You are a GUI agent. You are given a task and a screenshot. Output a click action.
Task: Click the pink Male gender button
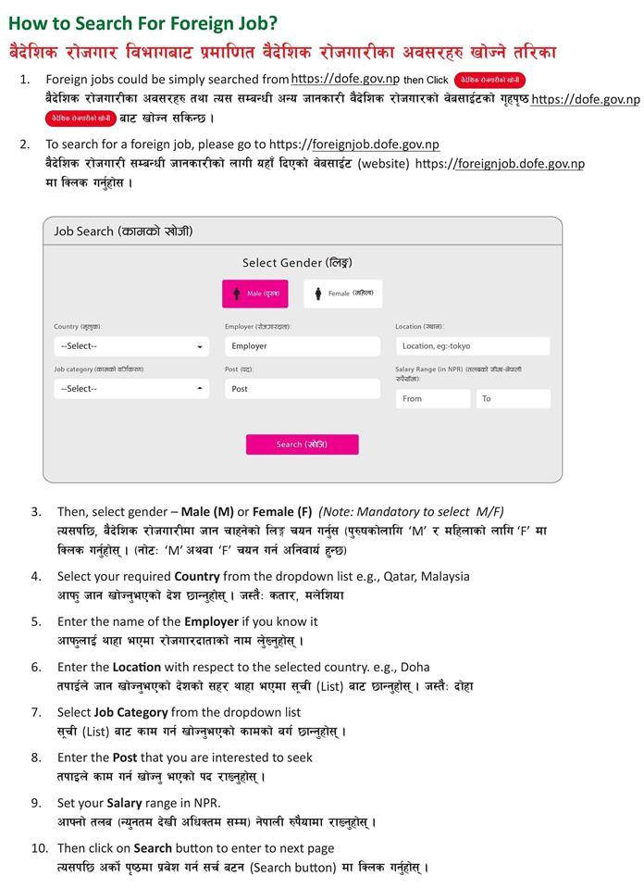click(254, 294)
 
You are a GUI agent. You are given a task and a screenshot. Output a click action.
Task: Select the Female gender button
click(342, 294)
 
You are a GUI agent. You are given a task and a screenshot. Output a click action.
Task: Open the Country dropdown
click(131, 346)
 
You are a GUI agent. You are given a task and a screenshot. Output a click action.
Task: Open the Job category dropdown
click(131, 389)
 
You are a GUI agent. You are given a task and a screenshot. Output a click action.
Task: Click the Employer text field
click(302, 346)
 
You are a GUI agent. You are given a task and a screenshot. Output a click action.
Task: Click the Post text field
click(302, 389)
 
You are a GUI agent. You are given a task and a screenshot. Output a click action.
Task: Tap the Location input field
click(472, 346)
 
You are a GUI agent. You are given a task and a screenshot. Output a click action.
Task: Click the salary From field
click(433, 399)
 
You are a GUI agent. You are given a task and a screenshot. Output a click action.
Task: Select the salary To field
click(513, 399)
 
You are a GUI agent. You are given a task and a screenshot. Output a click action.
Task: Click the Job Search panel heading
click(123, 232)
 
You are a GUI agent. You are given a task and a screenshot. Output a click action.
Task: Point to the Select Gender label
click(297, 263)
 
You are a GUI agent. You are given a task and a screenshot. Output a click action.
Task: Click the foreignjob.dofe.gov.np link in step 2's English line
click(375, 144)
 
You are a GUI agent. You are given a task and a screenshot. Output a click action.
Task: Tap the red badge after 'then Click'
click(491, 81)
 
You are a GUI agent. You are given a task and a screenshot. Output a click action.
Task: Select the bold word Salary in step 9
click(124, 803)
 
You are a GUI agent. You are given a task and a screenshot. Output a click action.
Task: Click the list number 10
click(39, 848)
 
